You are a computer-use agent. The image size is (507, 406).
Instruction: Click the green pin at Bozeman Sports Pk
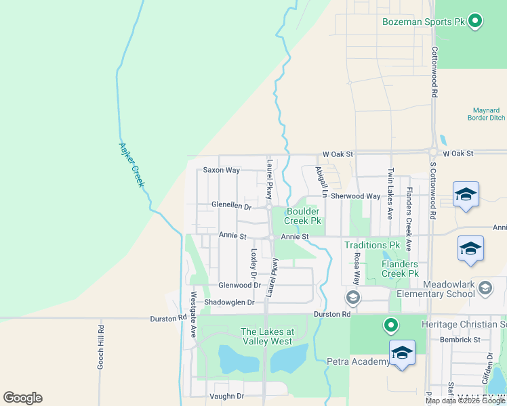point(475,21)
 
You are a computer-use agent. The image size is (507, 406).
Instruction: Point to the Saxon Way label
point(222,171)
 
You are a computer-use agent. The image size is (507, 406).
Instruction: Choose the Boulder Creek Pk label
point(302,216)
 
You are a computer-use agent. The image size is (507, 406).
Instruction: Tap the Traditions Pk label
point(373,245)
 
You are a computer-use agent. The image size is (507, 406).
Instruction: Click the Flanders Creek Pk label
point(399,269)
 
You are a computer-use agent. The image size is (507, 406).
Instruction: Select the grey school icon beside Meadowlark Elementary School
point(485,289)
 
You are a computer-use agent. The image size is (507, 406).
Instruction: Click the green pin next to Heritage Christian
point(390,325)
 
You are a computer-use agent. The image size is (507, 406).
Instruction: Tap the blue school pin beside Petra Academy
point(402,353)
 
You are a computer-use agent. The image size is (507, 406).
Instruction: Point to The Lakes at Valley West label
point(268,336)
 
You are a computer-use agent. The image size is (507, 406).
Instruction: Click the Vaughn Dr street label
point(226,397)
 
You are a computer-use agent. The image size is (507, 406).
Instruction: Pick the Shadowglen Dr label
point(229,302)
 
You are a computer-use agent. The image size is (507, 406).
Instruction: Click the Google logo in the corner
point(22,398)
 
